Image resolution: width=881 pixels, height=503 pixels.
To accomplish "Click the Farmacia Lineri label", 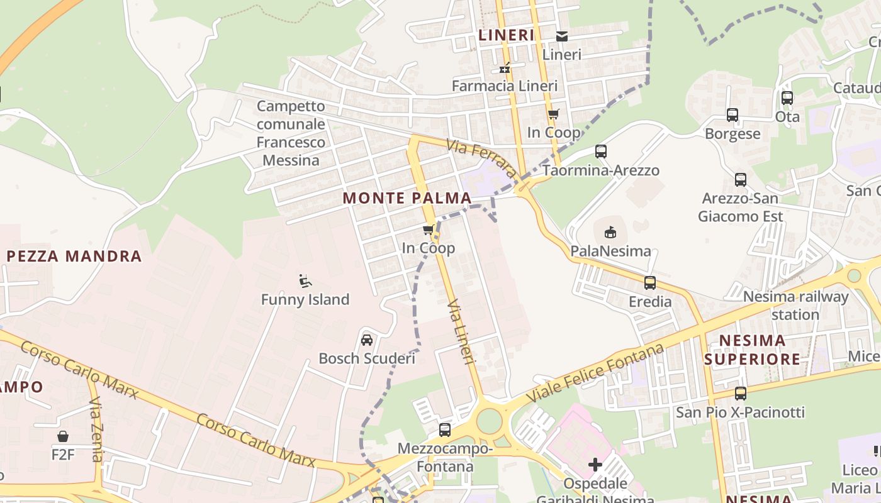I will coord(505,86).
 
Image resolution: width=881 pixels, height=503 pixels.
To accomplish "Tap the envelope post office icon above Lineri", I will coord(561,36).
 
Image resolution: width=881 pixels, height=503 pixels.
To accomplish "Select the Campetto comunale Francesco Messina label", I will coord(291,133).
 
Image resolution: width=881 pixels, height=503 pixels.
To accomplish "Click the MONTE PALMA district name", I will coord(407,198).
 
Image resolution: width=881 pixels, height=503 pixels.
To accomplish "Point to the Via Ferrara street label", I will coord(481,158).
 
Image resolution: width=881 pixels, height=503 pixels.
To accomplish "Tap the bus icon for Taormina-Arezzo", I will coord(601,152).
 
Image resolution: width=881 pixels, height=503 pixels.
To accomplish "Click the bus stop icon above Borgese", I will coord(732,115).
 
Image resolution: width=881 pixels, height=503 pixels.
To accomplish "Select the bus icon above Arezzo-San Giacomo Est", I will coord(741,179).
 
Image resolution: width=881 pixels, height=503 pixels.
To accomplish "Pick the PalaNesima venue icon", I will coord(610,233).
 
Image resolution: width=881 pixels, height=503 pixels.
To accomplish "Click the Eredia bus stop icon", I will coord(650,283).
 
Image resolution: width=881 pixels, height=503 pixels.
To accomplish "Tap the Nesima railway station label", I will coord(795,306).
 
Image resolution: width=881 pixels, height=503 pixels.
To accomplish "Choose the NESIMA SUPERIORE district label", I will coord(752,350).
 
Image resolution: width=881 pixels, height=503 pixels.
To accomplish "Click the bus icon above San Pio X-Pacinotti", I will coord(741,394).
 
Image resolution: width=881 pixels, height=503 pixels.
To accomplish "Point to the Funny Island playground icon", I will coord(305,281).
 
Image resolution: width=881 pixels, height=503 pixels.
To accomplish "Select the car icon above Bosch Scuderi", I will coord(367,340).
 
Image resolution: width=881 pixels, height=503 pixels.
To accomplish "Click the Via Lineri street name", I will coord(460,331).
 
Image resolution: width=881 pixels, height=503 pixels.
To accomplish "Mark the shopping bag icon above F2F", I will coord(63,436).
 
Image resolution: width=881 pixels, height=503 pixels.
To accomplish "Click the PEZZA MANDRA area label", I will coord(74,256).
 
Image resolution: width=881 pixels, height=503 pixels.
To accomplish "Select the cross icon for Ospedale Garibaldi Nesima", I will coord(595,465).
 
